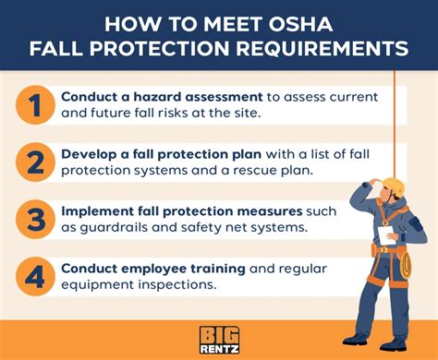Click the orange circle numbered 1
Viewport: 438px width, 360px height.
(34, 105)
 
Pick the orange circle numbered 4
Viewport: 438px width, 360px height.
(34, 275)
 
